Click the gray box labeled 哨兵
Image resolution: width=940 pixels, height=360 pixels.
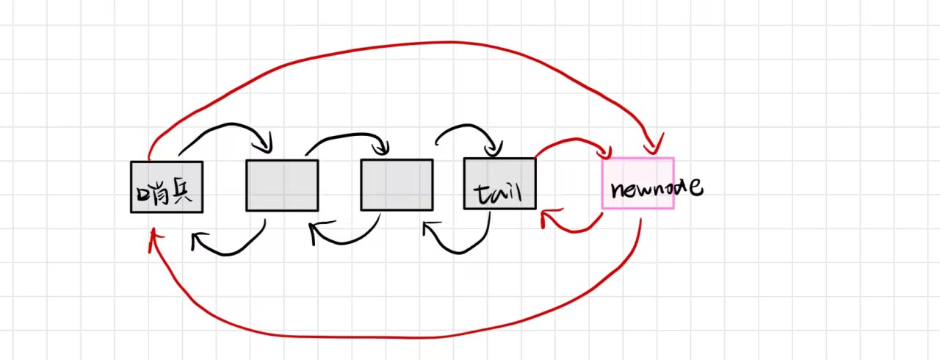(x=167, y=187)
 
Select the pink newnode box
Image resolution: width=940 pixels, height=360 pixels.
(x=637, y=183)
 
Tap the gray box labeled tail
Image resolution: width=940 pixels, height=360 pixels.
(x=499, y=184)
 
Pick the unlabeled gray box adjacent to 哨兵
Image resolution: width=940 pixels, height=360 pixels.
(x=282, y=185)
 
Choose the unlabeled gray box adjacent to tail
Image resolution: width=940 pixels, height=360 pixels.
(x=397, y=185)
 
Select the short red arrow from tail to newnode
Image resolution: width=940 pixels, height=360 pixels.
(x=573, y=141)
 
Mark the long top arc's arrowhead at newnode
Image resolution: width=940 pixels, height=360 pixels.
(x=654, y=145)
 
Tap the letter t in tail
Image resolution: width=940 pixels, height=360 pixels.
(x=479, y=192)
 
